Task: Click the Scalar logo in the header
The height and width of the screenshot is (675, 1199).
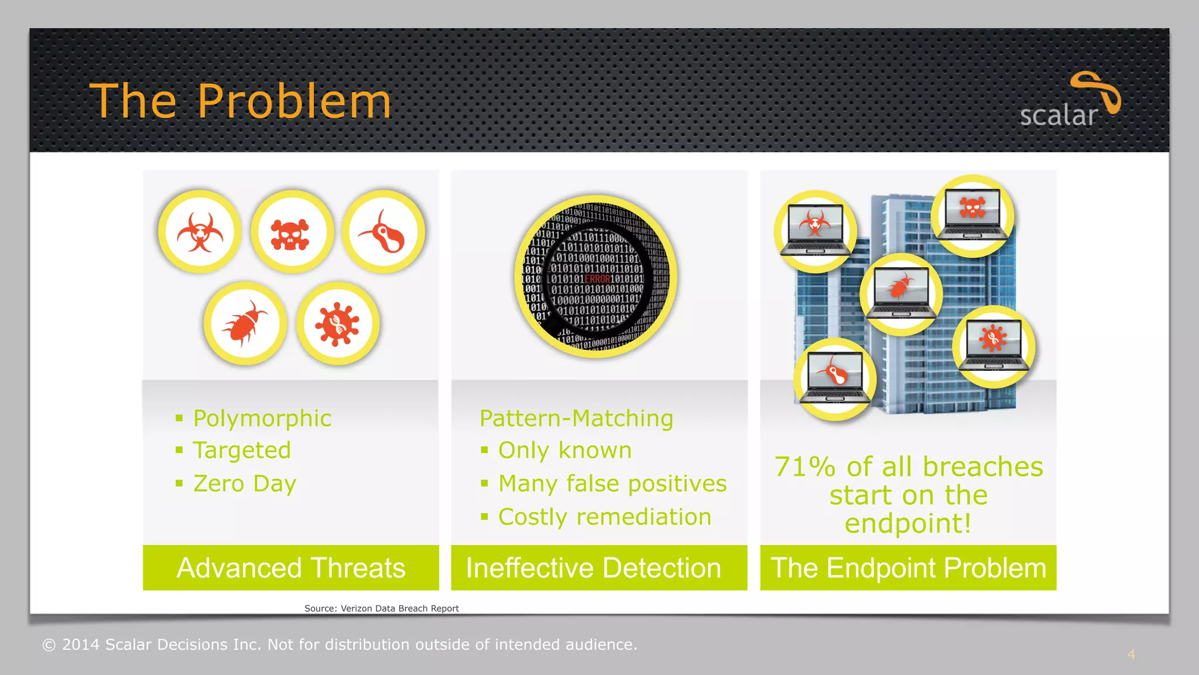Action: (x=1069, y=101)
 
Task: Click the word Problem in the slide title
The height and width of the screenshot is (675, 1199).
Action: (x=294, y=101)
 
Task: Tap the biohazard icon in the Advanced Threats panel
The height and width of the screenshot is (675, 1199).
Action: (x=200, y=231)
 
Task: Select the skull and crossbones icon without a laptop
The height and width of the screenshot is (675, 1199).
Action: (x=291, y=233)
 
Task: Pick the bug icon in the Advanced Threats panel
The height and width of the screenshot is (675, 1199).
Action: (x=245, y=323)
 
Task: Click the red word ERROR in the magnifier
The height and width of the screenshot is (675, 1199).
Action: (x=597, y=279)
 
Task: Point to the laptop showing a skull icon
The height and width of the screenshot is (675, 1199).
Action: (x=972, y=216)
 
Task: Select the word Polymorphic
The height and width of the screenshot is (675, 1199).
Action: (x=262, y=418)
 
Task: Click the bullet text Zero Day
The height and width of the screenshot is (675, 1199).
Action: (x=245, y=483)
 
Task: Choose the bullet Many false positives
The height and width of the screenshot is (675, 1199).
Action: (x=612, y=483)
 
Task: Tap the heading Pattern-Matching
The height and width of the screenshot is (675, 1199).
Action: (x=576, y=418)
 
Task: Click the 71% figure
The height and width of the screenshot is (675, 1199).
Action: (x=804, y=467)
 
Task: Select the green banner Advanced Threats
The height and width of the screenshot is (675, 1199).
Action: (x=291, y=568)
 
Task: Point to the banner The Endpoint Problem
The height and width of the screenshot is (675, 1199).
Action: (x=908, y=568)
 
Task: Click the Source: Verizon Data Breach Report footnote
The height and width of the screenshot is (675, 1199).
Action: (x=382, y=608)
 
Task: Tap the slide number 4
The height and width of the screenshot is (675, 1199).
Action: (x=1131, y=654)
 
